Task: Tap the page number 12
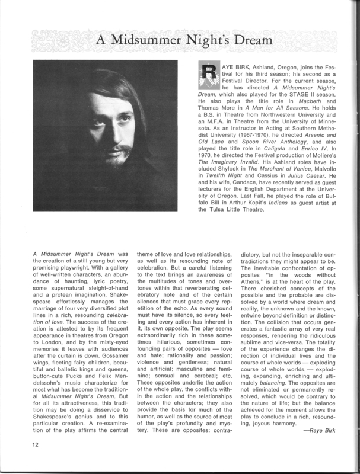36,459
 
